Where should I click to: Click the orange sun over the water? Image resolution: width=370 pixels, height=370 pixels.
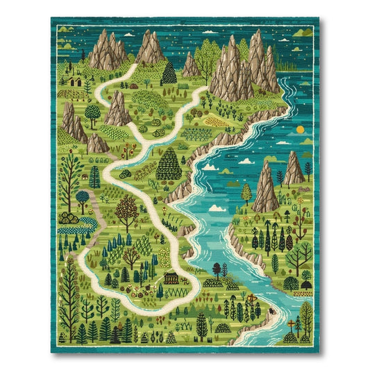click(x=299, y=129)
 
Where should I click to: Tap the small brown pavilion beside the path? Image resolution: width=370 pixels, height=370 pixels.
click(x=170, y=278)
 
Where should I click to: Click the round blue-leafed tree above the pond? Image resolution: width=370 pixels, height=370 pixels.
click(x=83, y=197)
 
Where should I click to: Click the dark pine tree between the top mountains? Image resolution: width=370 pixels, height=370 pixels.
click(x=168, y=72)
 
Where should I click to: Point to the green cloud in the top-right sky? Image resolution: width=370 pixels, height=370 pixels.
click(x=301, y=32)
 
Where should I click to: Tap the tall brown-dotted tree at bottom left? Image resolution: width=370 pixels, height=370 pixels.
click(x=69, y=292)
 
